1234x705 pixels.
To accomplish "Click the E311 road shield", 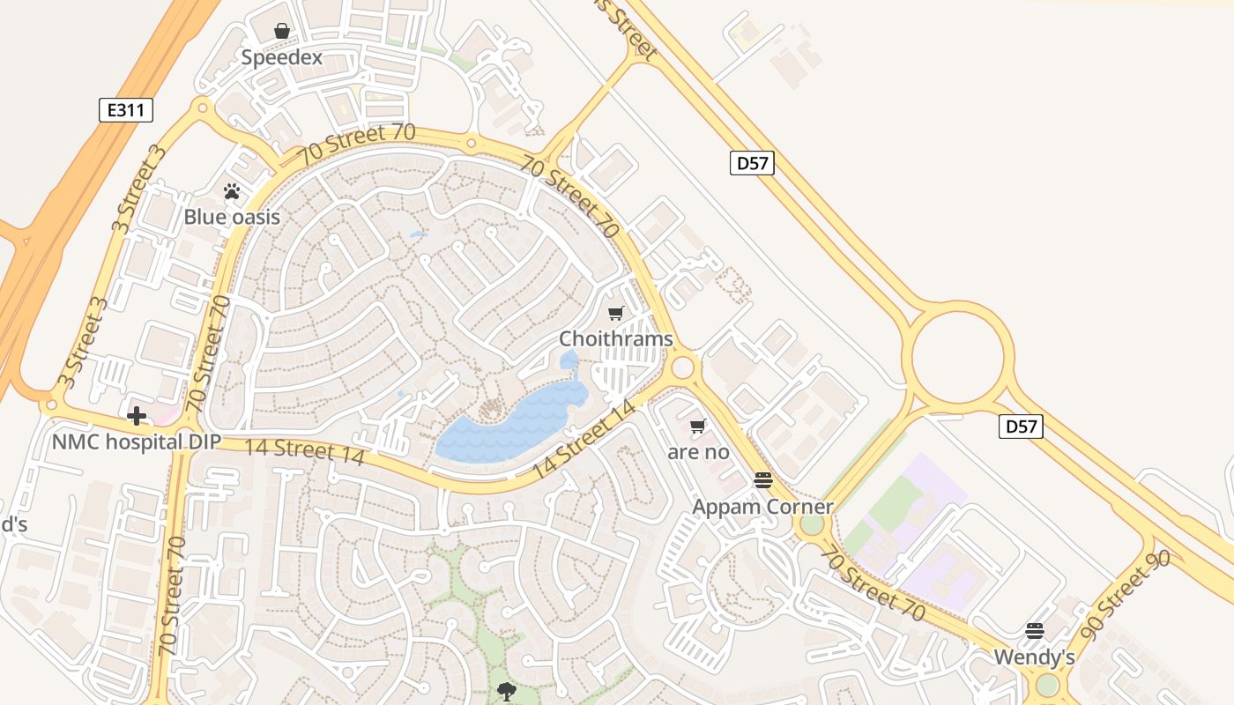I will tap(126, 110).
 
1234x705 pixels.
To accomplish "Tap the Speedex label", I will tap(282, 58).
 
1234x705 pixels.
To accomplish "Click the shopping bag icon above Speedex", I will tap(282, 32).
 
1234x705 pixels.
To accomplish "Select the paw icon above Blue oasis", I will tap(232, 191).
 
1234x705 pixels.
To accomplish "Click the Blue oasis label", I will tap(232, 217).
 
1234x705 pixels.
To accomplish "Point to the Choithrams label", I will tap(616, 339).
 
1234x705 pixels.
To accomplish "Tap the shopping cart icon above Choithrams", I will tap(616, 313).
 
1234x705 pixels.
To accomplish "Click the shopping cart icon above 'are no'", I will tap(698, 427).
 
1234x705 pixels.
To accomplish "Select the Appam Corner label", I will tap(762, 507).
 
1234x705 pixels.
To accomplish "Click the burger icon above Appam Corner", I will tap(763, 480).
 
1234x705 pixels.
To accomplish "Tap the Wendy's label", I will tap(1034, 657).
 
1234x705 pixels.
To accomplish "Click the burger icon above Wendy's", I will tap(1035, 631).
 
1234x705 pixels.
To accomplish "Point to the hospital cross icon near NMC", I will tap(137, 416).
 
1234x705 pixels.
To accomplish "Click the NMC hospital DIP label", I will tap(136, 442).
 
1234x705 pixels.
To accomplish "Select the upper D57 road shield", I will tap(752, 163).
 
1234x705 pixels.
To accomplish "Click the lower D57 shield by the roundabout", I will tap(1021, 427).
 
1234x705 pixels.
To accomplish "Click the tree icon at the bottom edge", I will tap(507, 692).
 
